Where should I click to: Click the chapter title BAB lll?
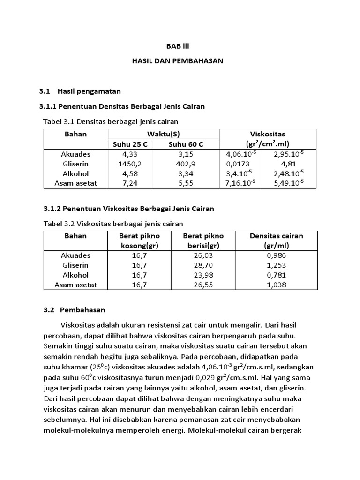(180, 45)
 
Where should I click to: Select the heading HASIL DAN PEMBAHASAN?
(180, 61)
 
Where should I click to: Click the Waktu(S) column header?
(163, 134)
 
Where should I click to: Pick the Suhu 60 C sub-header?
(186, 144)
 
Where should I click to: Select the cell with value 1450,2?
(131, 164)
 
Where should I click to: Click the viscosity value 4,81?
(288, 164)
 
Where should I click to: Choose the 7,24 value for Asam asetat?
(131, 183)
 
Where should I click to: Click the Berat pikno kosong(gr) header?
(139, 240)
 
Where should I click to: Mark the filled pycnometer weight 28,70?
(203, 265)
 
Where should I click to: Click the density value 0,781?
(276, 275)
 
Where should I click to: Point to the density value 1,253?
(276, 265)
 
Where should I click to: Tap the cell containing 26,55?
(203, 285)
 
